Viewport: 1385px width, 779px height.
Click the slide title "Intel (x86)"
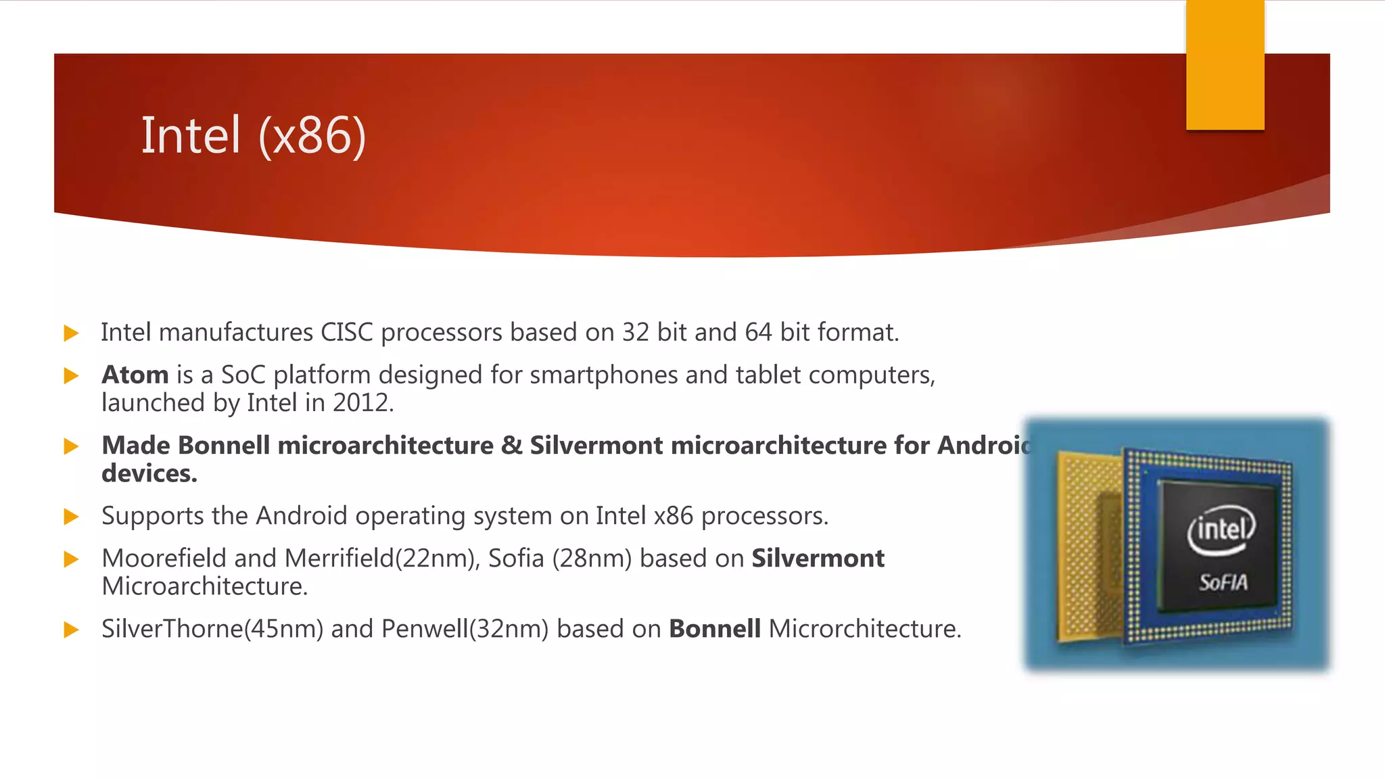coord(253,135)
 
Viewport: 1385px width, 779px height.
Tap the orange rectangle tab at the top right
coord(1225,65)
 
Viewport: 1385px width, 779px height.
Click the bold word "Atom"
coord(135,375)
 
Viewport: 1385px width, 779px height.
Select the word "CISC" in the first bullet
coord(346,333)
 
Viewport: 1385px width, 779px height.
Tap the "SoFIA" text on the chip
coord(1223,582)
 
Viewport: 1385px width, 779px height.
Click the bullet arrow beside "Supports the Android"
coord(71,517)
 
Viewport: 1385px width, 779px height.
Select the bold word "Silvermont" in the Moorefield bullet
coord(818,559)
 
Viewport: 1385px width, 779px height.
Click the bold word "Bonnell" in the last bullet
coord(714,629)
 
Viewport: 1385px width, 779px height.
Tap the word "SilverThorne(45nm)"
coord(212,629)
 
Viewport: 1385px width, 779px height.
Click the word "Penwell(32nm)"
coord(465,629)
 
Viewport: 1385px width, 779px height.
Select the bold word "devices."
coord(149,474)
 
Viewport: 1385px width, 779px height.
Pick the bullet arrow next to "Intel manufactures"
coord(71,333)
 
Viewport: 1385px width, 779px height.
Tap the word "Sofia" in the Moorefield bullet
coord(516,559)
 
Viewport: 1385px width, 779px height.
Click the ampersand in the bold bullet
coord(511,446)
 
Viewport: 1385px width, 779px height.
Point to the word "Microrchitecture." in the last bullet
coord(865,629)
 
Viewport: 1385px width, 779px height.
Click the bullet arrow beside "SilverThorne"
coord(71,630)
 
